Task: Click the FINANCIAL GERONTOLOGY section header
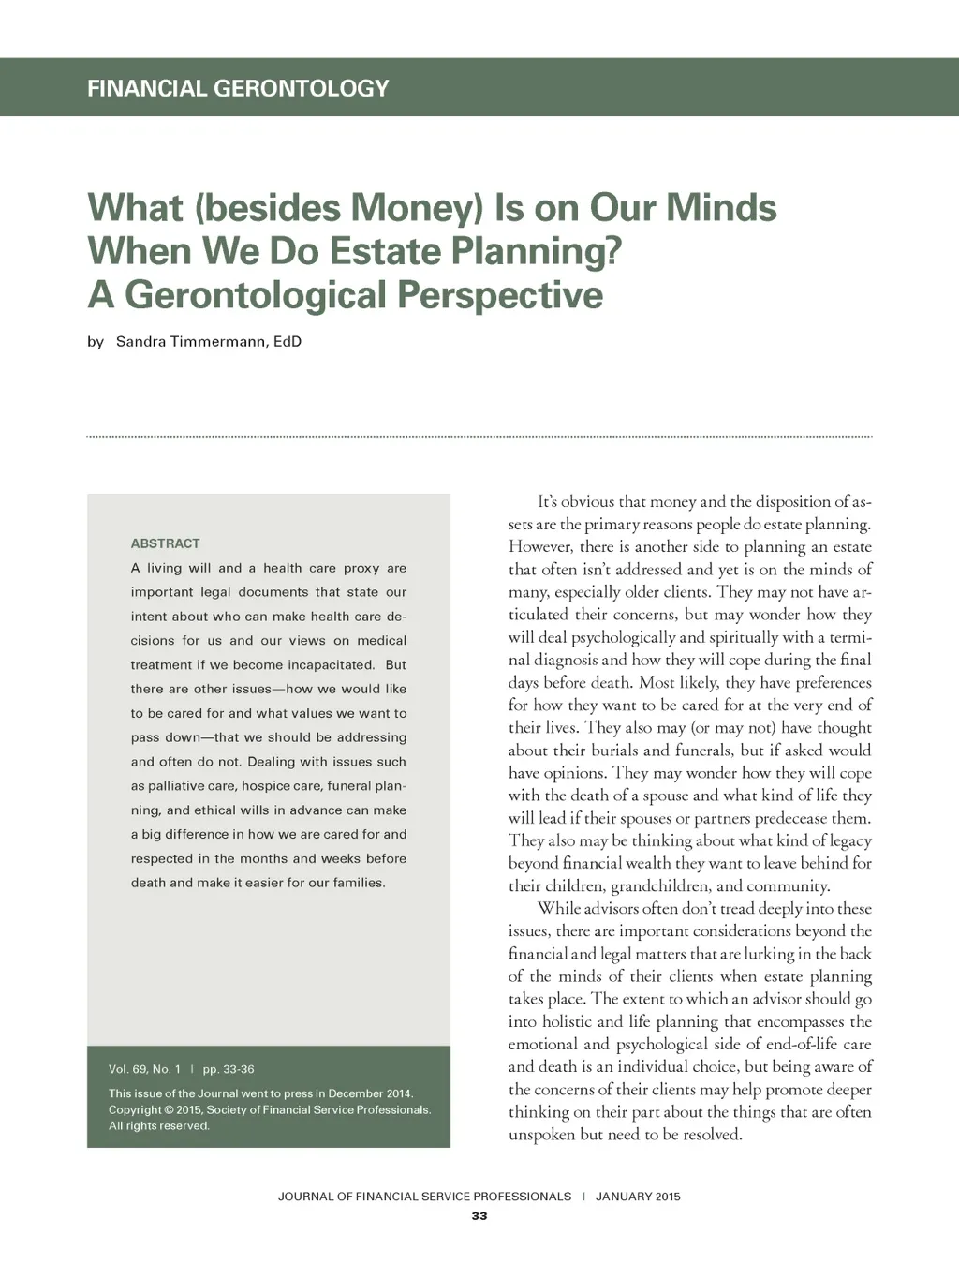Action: (238, 88)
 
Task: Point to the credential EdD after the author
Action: (288, 341)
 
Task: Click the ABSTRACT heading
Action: (165, 543)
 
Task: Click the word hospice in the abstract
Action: (267, 786)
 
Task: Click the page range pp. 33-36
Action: (229, 1069)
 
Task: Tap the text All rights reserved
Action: (159, 1125)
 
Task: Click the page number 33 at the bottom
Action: (479, 1216)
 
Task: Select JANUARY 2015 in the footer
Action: (638, 1197)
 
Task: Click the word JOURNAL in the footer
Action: (305, 1197)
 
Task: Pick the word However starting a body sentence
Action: (539, 547)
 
